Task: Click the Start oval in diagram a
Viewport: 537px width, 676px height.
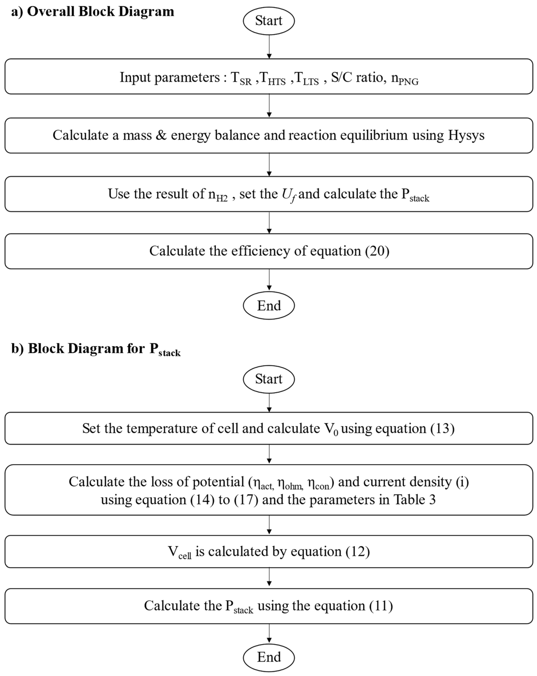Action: coord(269,21)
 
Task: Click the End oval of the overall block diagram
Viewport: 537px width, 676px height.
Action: coord(269,305)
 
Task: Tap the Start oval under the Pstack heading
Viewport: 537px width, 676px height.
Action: coord(269,379)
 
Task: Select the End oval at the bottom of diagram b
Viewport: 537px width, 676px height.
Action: coord(269,657)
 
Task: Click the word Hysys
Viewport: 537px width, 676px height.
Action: coord(466,135)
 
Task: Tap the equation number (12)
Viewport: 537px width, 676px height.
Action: coord(358,551)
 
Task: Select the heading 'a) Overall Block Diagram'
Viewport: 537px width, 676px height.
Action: coord(93,12)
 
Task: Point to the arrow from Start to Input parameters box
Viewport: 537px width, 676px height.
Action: coord(269,46)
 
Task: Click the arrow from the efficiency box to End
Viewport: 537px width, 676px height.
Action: coord(269,280)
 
